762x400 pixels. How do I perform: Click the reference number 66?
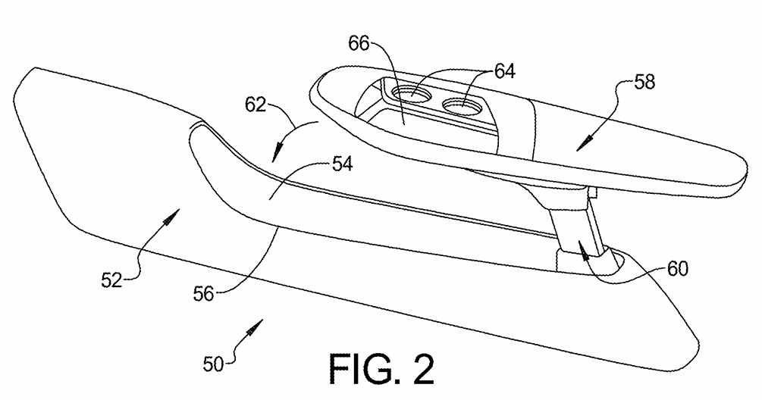pos(359,44)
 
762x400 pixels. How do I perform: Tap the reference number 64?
pos(503,71)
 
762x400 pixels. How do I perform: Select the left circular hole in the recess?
pos(413,96)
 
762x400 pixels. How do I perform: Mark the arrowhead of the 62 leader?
pos(275,155)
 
